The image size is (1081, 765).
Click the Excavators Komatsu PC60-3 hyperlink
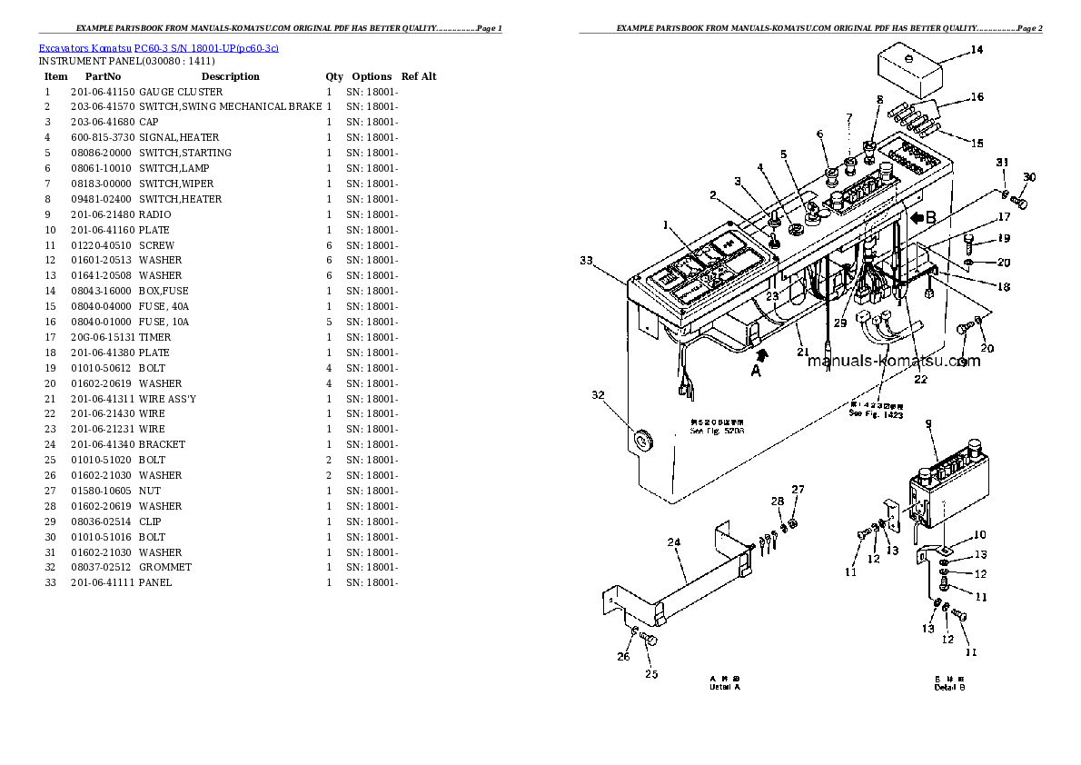[x=159, y=46]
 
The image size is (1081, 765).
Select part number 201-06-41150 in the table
[x=102, y=92]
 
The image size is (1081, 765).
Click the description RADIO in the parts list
[x=154, y=214]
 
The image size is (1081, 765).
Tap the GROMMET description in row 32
[x=165, y=567]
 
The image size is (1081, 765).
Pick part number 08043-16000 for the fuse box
[x=102, y=292]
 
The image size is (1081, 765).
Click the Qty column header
[x=334, y=76]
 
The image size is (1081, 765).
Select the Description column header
[x=230, y=76]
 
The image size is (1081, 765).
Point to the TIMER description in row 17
[x=154, y=337]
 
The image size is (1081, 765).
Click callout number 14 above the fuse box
[x=976, y=50]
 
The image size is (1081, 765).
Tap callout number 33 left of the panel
[x=588, y=262]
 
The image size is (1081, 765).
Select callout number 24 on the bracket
[x=673, y=543]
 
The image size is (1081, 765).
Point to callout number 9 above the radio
[x=927, y=423]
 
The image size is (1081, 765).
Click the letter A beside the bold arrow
[x=755, y=370]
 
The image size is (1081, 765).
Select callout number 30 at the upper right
[x=1028, y=177]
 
